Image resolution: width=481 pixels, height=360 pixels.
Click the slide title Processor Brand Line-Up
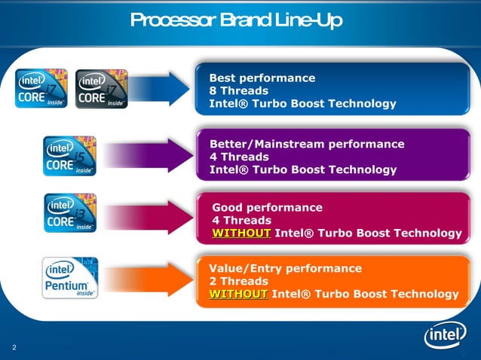[236, 20]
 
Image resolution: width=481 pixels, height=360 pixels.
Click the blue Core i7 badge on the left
[41, 88]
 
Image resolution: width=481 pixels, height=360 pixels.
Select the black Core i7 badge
[102, 88]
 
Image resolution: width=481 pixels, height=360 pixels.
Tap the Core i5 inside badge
[70, 156]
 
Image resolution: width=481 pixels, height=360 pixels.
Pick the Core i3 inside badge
[70, 213]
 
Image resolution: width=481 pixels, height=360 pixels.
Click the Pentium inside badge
[70, 277]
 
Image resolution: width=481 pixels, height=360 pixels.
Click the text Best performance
[262, 78]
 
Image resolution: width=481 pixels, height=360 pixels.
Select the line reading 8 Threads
[238, 90]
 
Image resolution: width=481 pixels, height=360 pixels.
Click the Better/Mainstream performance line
[306, 144]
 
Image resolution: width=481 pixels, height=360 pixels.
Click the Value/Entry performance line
[285, 268]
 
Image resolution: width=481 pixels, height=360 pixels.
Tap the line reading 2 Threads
[238, 281]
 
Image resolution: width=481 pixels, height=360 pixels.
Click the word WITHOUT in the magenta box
[241, 233]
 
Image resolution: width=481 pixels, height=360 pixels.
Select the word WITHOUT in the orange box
[238, 294]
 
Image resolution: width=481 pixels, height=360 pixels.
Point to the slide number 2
[14, 347]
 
